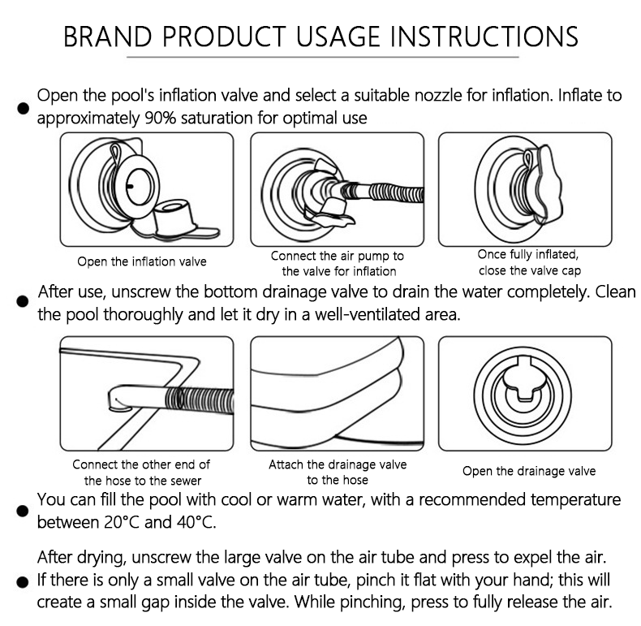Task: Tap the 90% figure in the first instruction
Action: [x=161, y=118]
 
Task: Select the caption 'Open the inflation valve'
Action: [x=142, y=261]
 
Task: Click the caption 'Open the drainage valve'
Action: [x=529, y=471]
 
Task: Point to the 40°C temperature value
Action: [x=196, y=522]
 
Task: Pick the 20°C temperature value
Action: [x=123, y=522]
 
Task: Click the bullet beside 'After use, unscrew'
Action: [x=23, y=301]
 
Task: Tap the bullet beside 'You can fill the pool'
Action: [x=23, y=511]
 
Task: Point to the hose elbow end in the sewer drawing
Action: [x=119, y=398]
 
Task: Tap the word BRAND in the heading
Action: [x=108, y=37]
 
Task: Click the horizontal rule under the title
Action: [x=323, y=57]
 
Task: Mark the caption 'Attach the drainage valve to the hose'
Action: [x=338, y=472]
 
